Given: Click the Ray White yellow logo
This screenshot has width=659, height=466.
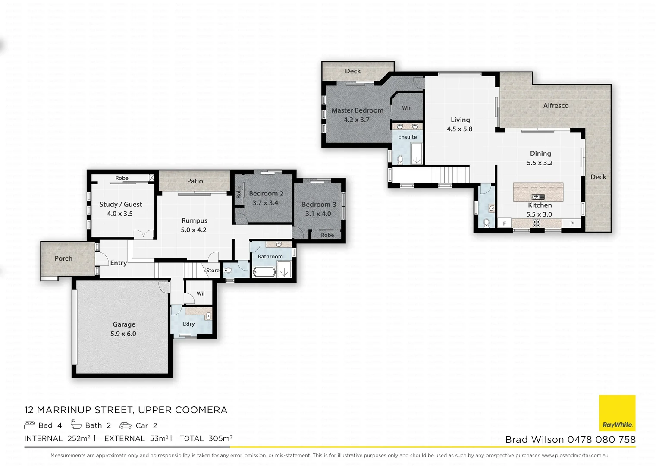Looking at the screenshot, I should click(617, 413).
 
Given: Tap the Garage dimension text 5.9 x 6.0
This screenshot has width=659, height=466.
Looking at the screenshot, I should click(123, 334).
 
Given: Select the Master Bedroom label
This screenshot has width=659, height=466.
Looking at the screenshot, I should click(357, 110).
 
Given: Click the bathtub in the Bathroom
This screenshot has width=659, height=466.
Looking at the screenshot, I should click(264, 272).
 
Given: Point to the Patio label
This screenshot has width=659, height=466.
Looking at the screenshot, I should click(195, 181).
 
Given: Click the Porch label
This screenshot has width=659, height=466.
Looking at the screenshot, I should click(63, 258).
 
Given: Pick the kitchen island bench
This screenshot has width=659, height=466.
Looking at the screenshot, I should click(538, 191).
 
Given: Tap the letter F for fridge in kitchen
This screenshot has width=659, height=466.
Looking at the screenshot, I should click(505, 224).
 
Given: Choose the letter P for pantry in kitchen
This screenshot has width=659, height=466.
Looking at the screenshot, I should click(572, 224).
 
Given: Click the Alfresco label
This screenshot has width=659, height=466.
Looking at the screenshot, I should click(555, 106).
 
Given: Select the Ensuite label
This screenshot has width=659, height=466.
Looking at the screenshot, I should click(407, 137).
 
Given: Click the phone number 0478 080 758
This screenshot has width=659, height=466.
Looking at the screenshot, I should click(601, 440).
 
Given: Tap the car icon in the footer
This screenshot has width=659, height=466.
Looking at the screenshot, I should click(126, 425).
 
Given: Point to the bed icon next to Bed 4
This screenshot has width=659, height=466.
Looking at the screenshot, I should click(30, 425).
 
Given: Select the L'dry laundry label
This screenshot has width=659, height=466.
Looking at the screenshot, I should click(188, 324).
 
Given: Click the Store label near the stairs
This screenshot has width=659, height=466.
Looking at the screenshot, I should click(212, 271).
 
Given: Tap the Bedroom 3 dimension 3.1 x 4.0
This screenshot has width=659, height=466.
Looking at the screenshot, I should click(318, 214).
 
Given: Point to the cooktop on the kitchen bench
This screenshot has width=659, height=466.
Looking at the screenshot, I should click(536, 223).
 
